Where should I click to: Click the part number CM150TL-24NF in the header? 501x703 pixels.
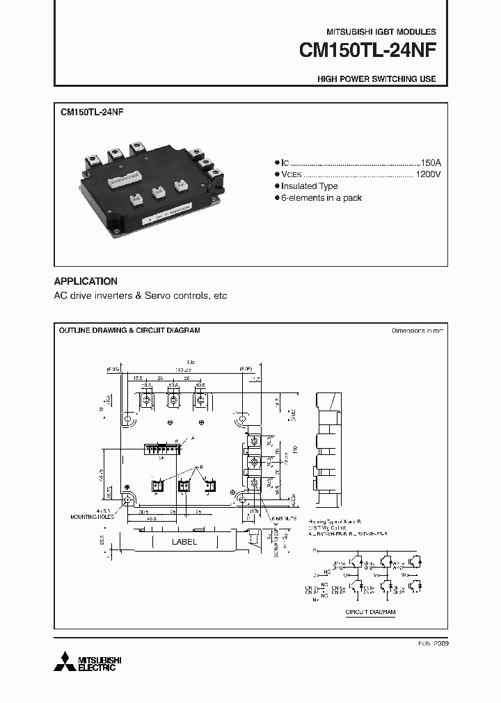[x=367, y=51]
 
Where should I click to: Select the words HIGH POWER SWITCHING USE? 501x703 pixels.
[x=376, y=79]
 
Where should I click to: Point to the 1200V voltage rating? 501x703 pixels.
[x=427, y=174]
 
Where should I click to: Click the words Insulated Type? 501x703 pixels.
[x=309, y=186]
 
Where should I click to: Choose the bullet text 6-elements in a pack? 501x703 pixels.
[x=321, y=198]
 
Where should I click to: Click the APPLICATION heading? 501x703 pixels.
[x=86, y=281]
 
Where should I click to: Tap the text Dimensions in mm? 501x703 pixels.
[x=417, y=331]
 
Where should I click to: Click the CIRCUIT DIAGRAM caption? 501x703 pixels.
[x=370, y=612]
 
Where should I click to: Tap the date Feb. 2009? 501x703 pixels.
[x=432, y=644]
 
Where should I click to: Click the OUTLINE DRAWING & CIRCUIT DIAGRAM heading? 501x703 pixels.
[x=129, y=331]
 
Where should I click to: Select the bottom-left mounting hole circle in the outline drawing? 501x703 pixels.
[x=128, y=499]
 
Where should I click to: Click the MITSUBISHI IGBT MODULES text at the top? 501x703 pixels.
[x=381, y=32]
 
